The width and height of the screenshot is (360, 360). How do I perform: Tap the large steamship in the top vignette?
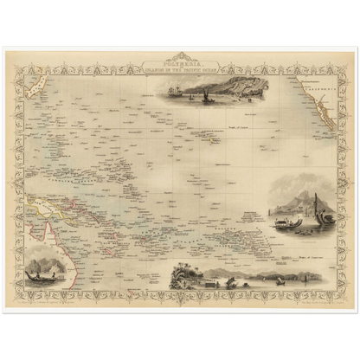click(177, 90)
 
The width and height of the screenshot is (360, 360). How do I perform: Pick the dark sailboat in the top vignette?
click(207, 98)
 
